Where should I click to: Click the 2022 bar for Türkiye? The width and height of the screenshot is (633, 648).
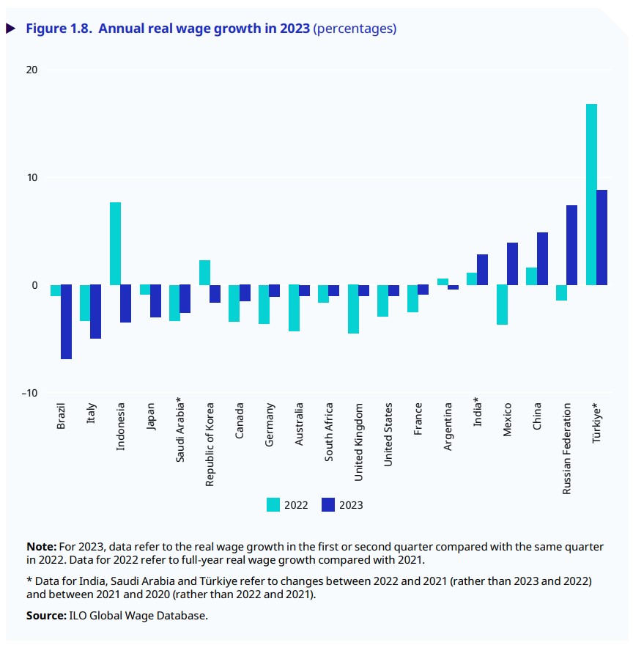(591, 194)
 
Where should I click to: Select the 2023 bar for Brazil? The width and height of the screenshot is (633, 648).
(66, 322)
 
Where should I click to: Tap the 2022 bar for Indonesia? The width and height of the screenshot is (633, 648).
(115, 243)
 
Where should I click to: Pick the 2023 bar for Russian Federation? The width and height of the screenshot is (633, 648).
(572, 245)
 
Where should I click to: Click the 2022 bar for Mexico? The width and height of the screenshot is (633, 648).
(502, 305)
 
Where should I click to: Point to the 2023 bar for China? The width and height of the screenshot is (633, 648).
(542, 259)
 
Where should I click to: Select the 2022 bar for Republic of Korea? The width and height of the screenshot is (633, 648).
(204, 273)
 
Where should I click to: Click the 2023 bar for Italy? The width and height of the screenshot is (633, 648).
(95, 312)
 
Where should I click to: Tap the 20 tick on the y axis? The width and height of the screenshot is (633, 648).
(32, 70)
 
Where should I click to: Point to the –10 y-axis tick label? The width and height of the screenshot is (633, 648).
(29, 393)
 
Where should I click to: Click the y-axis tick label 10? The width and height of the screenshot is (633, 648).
(32, 177)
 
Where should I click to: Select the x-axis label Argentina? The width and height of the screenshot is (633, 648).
(448, 425)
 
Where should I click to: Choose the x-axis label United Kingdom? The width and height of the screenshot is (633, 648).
(358, 441)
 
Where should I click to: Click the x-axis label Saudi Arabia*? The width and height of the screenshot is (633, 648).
(179, 432)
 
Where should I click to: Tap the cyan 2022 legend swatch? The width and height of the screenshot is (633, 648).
(273, 504)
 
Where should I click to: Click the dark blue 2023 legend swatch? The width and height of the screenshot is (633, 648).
(327, 504)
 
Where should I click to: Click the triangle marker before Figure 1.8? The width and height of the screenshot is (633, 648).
(11, 29)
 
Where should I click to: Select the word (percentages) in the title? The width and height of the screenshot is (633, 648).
(355, 29)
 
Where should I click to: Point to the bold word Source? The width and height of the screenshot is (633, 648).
(46, 615)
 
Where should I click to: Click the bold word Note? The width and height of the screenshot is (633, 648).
(41, 546)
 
